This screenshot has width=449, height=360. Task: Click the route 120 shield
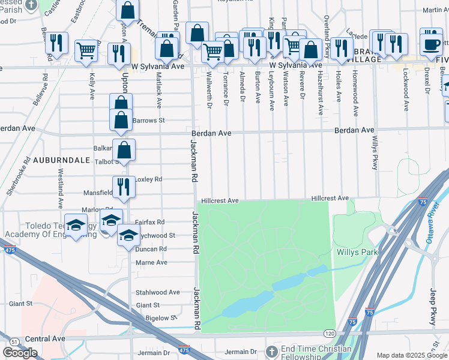(330, 332)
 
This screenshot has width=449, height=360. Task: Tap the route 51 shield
(14, 340)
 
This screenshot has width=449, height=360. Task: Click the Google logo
(20, 353)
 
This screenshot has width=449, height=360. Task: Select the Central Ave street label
(45, 338)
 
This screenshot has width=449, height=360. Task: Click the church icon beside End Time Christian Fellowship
(272, 351)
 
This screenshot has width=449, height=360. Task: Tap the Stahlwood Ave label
(158, 292)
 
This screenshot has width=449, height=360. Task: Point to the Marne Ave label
(151, 262)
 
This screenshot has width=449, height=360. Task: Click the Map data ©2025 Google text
(412, 355)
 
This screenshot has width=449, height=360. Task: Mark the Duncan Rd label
(151, 249)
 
